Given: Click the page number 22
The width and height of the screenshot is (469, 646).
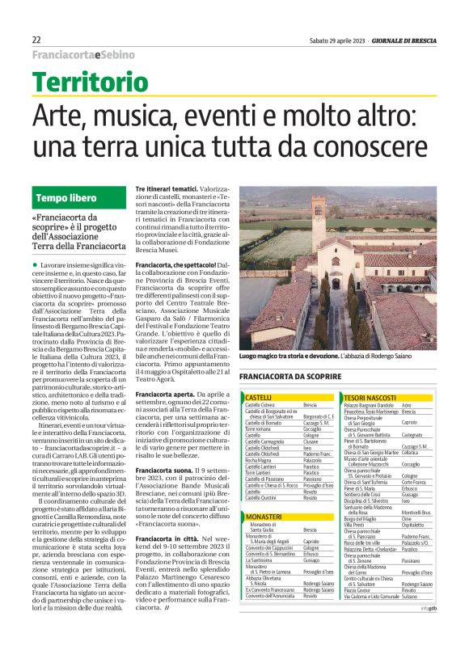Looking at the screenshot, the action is (36, 40).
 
